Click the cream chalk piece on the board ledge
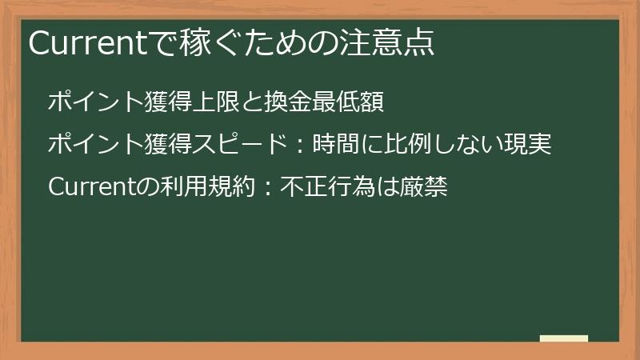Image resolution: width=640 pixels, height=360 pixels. pos(564,338)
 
